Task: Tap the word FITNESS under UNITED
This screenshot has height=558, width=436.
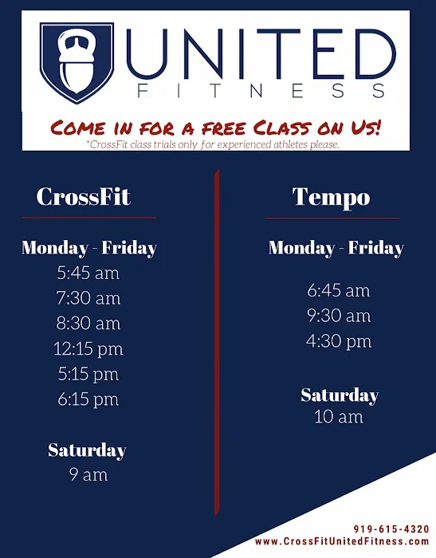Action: (x=262, y=92)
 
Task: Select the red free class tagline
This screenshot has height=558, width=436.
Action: (x=216, y=126)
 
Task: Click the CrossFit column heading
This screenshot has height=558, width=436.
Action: (x=83, y=196)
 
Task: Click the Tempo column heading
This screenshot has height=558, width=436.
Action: (x=331, y=196)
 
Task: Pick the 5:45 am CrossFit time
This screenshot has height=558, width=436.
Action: (x=88, y=273)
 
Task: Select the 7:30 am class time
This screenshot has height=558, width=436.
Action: (x=88, y=298)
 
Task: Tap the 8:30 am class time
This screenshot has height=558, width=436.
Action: (x=88, y=323)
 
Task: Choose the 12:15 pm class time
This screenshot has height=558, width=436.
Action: (x=88, y=348)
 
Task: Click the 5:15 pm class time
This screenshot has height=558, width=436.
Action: (x=88, y=373)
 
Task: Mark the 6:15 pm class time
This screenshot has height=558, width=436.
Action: (x=88, y=399)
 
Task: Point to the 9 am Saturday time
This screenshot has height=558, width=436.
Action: (x=88, y=474)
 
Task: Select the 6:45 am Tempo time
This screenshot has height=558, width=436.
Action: (x=338, y=291)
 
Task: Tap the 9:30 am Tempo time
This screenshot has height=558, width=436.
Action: (x=338, y=316)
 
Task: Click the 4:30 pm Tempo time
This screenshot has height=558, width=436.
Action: (x=338, y=341)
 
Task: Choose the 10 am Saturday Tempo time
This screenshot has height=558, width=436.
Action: (x=338, y=416)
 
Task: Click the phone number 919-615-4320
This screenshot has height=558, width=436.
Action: (x=391, y=529)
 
